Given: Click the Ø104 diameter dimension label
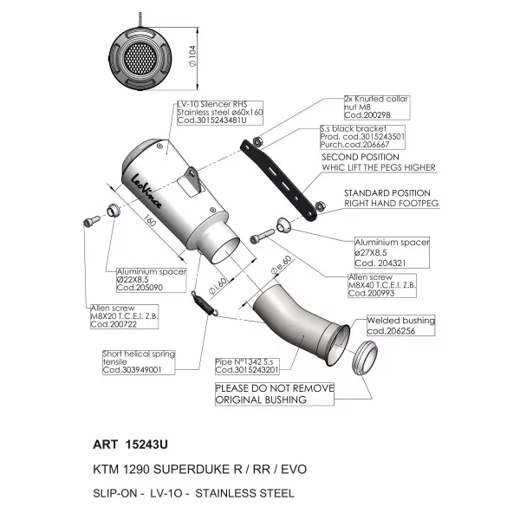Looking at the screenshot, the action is click(x=192, y=55).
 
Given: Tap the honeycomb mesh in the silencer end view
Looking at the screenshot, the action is click(x=140, y=58).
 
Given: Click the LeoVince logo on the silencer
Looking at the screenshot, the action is click(x=146, y=191).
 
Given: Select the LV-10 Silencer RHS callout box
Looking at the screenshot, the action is click(x=220, y=113).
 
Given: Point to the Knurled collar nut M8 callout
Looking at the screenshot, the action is click(x=377, y=107).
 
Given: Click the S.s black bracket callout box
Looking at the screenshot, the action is click(x=362, y=137).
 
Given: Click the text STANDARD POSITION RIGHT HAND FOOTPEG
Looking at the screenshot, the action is click(x=392, y=198).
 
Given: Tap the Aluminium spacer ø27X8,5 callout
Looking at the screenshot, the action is click(x=392, y=252).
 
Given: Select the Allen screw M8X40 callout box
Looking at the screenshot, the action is click(x=382, y=285).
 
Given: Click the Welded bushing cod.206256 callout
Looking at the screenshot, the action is click(x=401, y=325).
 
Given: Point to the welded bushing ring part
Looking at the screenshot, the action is click(x=364, y=357).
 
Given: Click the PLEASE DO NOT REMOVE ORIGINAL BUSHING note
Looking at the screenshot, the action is click(x=275, y=394).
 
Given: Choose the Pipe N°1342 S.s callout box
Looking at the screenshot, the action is click(x=247, y=366).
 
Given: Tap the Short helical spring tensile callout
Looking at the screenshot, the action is click(x=139, y=362).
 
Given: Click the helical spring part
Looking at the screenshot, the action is click(x=205, y=303).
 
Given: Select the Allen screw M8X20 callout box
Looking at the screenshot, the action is click(x=124, y=316).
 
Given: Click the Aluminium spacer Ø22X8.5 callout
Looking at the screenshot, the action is click(x=151, y=280).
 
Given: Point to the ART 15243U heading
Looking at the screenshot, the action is click(x=130, y=445).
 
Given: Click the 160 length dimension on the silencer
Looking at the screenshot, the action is click(x=150, y=220).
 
